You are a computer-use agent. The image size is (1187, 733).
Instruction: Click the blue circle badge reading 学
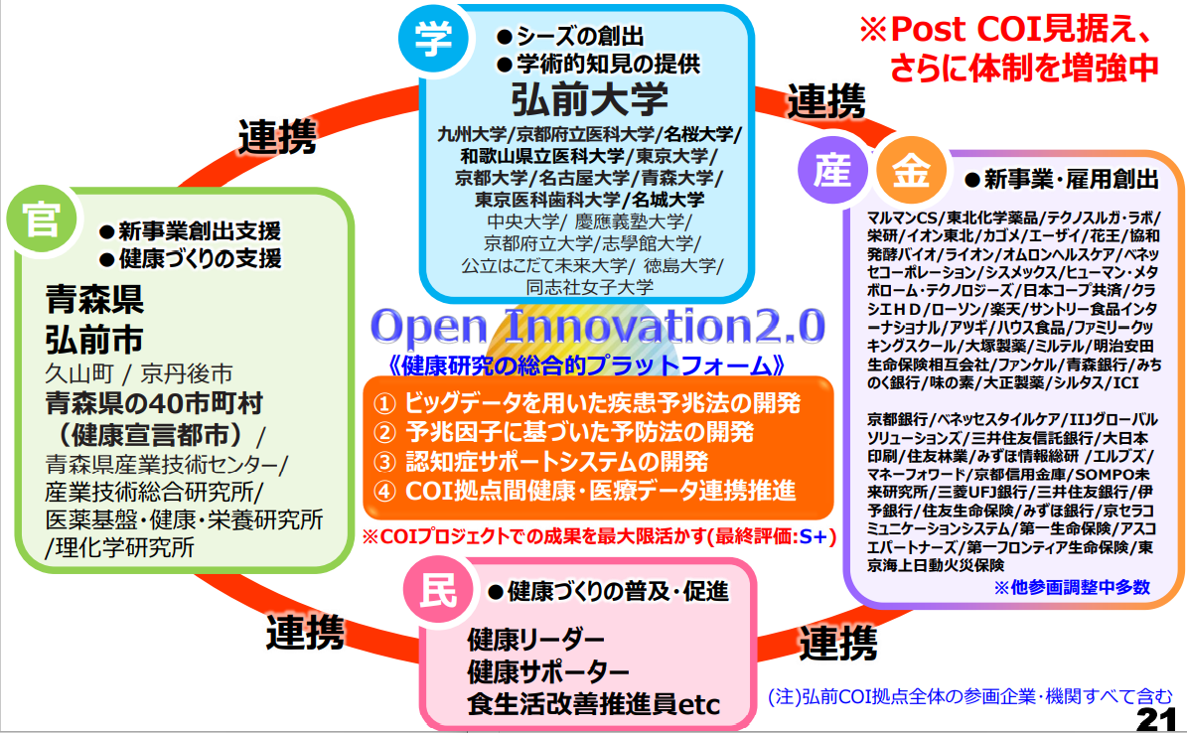pyautogui.click(x=434, y=38)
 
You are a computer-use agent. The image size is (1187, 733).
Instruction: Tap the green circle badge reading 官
pyautogui.click(x=42, y=219)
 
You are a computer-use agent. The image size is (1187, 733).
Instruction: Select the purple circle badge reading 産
pyautogui.click(x=832, y=170)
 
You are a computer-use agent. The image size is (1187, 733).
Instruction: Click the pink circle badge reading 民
pyautogui.click(x=438, y=591)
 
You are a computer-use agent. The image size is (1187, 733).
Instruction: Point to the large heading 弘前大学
pyautogui.click(x=590, y=99)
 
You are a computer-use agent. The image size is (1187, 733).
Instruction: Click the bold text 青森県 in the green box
pyautogui.click(x=94, y=299)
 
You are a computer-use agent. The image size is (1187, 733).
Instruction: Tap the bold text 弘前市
pyautogui.click(x=94, y=340)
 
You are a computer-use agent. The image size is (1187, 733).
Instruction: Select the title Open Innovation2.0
pyautogui.click(x=597, y=327)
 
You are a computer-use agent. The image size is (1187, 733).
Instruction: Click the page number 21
pyautogui.click(x=1157, y=719)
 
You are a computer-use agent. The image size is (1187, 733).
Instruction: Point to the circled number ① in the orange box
pyautogui.click(x=384, y=403)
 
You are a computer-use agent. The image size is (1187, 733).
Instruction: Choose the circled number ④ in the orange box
pyautogui.click(x=384, y=492)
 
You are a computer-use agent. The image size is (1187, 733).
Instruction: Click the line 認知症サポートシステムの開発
pyautogui.click(x=557, y=462)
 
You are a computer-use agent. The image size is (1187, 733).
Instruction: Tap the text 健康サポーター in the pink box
pyautogui.click(x=548, y=671)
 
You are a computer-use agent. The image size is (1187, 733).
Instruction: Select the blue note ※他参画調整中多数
pyautogui.click(x=1072, y=588)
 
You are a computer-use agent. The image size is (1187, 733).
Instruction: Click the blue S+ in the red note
pyautogui.click(x=814, y=537)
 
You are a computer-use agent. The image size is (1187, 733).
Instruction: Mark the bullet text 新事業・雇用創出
pyautogui.click(x=1071, y=180)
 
